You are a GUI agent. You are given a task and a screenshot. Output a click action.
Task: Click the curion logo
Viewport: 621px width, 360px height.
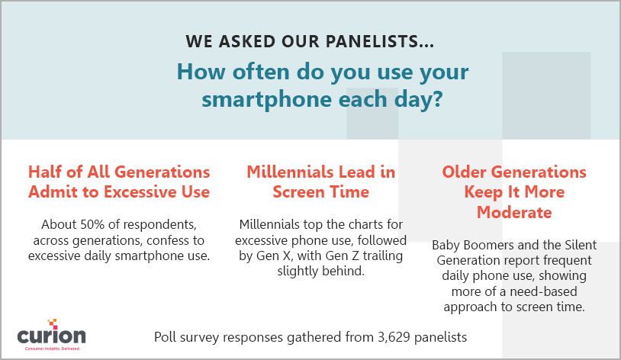(51, 335)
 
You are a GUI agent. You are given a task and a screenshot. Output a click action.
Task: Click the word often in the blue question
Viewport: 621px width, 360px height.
(261, 72)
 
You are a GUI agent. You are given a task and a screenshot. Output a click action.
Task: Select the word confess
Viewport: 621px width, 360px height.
(175, 240)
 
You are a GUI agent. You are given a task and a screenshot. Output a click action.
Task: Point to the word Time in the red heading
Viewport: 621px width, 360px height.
(349, 192)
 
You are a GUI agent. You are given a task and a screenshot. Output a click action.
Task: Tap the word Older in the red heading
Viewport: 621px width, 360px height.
(465, 172)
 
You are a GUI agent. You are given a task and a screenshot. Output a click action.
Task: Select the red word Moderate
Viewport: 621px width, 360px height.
(514, 213)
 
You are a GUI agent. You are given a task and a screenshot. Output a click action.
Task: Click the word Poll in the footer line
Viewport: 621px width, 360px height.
(165, 337)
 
